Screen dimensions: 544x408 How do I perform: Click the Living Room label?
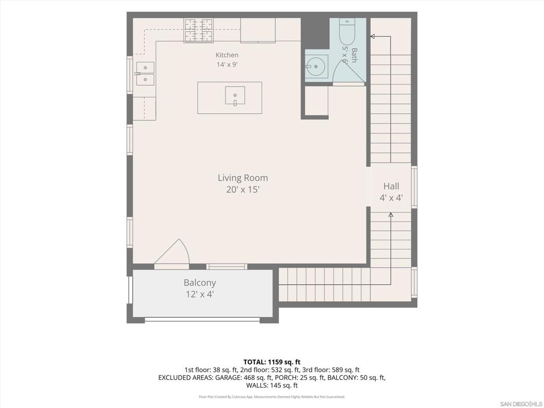[x=243, y=178]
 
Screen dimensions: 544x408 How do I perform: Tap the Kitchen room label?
[x=227, y=55]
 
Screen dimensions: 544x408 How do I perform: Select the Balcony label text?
[x=200, y=283]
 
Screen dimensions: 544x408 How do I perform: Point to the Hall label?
[x=391, y=186]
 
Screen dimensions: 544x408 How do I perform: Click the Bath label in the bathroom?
[x=354, y=55]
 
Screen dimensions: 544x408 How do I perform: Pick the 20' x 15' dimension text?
[x=243, y=190]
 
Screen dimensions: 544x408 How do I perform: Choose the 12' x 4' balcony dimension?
[x=200, y=294]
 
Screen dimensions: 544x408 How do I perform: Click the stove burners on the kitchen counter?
[x=199, y=30]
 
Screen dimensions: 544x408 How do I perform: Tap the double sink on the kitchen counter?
[x=145, y=73]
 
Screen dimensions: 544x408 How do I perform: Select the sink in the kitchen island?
[x=235, y=96]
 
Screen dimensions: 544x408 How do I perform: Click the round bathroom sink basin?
[x=316, y=66]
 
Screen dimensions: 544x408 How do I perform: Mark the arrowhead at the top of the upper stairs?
[x=372, y=36]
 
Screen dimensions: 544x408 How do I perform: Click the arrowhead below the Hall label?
[x=390, y=215]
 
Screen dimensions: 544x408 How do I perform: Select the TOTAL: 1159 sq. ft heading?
[x=271, y=362]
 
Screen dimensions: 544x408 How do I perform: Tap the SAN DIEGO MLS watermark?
[x=521, y=404]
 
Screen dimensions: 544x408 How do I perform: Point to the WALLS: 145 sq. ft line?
[x=271, y=385]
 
